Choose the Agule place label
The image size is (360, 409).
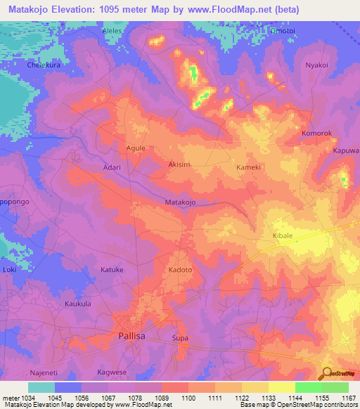[135, 148]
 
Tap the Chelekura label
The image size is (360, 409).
[41, 65]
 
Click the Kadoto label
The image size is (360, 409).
[180, 269]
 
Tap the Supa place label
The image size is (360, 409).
[180, 338]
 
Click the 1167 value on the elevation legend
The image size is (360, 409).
[348, 398]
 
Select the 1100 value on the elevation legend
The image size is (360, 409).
[188, 398]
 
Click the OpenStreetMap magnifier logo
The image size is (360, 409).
[326, 372]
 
